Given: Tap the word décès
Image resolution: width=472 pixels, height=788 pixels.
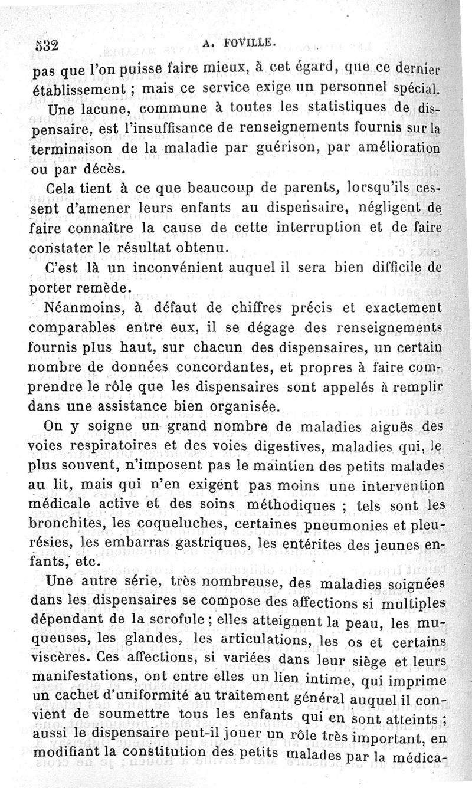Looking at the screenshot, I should point(104,169).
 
